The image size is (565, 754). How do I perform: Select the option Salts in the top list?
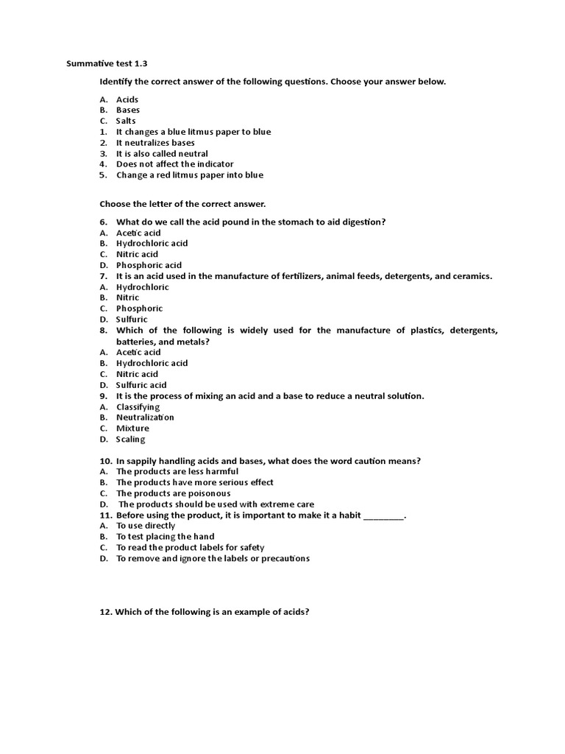(126, 121)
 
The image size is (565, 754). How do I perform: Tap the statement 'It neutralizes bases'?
(155, 143)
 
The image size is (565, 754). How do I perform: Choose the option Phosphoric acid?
(149, 265)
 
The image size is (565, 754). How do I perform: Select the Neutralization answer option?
(145, 417)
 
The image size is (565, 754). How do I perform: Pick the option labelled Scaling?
(131, 440)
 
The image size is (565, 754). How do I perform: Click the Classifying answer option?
(138, 406)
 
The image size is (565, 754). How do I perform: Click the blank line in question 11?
(383, 515)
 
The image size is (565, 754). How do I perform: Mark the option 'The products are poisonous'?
(173, 493)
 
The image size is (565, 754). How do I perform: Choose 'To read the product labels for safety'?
(190, 548)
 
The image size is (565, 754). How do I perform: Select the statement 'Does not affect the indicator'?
(175, 164)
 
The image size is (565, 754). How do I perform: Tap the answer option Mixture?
(132, 429)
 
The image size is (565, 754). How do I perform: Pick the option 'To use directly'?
(146, 526)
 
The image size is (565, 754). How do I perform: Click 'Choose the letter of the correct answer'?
(182, 203)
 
